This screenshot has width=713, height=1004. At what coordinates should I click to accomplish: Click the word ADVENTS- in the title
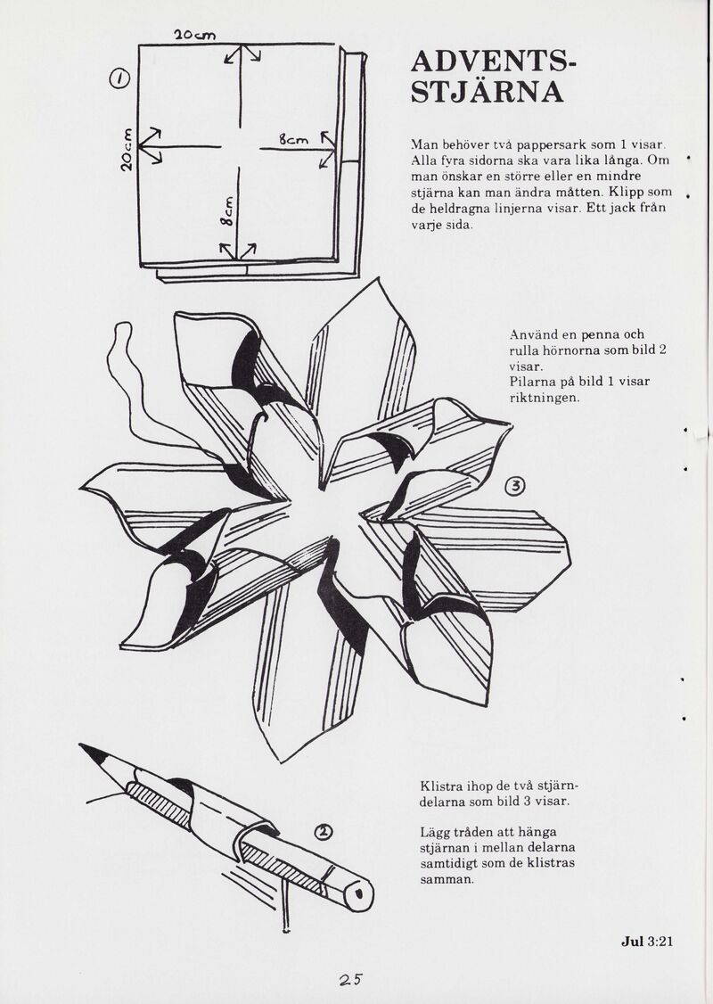(494, 62)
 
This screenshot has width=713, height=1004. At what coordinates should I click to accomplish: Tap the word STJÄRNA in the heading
(487, 92)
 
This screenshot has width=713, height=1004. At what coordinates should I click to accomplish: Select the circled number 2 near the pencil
(324, 831)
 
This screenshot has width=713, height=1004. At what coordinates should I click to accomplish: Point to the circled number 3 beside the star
(515, 487)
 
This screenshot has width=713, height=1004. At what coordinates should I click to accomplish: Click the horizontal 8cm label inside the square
(293, 139)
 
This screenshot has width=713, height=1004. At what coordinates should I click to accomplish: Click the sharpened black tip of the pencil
(90, 751)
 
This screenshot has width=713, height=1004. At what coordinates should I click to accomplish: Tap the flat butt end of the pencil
(361, 892)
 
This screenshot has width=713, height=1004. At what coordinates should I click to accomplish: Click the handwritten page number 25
(351, 979)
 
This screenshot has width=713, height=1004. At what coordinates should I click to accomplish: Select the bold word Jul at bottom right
(632, 942)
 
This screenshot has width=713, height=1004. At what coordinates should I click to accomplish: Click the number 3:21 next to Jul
(660, 942)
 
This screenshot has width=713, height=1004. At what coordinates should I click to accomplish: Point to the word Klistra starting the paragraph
(439, 786)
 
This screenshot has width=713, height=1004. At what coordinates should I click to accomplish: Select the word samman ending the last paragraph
(447, 880)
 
